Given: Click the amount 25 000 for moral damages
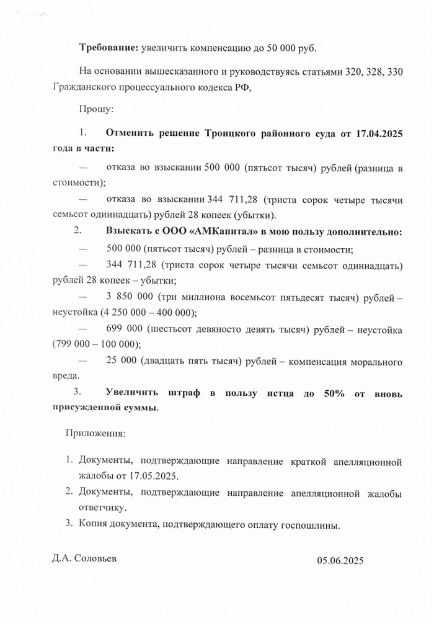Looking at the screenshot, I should click(121, 362).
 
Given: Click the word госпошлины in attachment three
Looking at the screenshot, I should click(308, 525).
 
